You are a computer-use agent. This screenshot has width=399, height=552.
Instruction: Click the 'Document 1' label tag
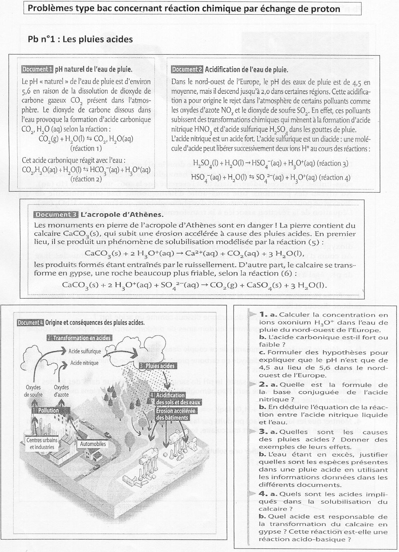(37, 69)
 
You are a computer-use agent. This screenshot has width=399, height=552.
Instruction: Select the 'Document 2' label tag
(187, 69)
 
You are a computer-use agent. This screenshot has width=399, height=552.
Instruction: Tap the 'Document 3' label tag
(56, 215)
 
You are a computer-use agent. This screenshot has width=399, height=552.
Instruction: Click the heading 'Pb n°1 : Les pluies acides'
(80, 39)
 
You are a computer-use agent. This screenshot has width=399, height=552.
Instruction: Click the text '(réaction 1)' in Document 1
(86, 148)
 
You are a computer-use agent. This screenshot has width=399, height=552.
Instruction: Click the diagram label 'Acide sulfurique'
(85, 351)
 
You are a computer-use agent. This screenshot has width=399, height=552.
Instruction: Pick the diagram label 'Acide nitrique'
(84, 363)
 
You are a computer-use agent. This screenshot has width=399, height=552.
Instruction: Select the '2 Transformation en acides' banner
(79, 338)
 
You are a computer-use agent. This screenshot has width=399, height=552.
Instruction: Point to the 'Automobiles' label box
(93, 444)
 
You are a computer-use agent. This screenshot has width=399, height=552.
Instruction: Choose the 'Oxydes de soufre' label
(33, 391)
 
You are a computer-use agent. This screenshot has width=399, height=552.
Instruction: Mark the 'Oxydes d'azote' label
(62, 391)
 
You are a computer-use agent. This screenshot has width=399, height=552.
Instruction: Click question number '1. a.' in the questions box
(268, 315)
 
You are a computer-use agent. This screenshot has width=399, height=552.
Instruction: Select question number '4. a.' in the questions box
(268, 494)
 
